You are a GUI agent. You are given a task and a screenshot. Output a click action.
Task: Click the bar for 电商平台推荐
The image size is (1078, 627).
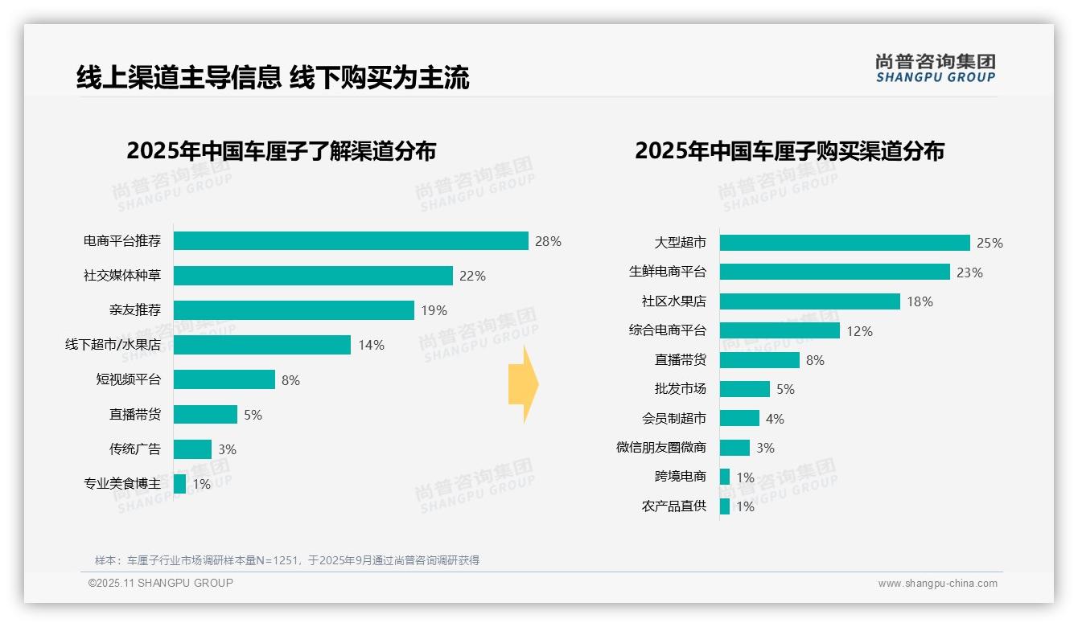click(x=351, y=241)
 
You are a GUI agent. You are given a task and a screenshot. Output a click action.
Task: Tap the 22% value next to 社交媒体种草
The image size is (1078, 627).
click(x=472, y=276)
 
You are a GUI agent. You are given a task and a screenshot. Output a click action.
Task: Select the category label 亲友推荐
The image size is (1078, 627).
click(x=135, y=310)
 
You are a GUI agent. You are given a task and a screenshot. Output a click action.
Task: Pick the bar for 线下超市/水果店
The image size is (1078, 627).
click(x=262, y=345)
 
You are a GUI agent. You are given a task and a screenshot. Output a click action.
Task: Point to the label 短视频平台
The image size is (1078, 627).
click(x=129, y=379)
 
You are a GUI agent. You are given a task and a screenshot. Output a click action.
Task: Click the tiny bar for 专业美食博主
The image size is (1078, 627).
click(x=179, y=484)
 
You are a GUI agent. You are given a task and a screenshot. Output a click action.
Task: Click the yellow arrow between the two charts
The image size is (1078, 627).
click(x=523, y=384)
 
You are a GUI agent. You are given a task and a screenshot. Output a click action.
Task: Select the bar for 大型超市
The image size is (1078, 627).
click(x=845, y=243)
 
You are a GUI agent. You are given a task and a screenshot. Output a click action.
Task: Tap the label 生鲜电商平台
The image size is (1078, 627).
click(x=668, y=272)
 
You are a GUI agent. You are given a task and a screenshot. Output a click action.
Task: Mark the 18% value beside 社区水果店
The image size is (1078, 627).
click(x=920, y=301)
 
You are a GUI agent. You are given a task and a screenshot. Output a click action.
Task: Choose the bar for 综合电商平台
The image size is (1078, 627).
click(x=780, y=330)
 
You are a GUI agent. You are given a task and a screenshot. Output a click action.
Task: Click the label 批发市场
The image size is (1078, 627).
click(x=681, y=389)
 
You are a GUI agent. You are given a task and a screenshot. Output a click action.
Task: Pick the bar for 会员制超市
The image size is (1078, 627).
click(x=739, y=418)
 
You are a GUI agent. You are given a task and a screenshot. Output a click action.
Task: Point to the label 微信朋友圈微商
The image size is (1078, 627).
click(x=661, y=447)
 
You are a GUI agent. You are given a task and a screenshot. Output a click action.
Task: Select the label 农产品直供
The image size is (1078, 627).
click(x=674, y=506)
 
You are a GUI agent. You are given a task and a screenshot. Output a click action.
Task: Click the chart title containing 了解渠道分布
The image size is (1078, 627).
click(x=281, y=151)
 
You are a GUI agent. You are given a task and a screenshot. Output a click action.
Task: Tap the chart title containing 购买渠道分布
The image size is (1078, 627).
click(x=789, y=151)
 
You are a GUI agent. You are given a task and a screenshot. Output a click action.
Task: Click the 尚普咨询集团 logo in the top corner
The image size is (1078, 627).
click(x=935, y=68)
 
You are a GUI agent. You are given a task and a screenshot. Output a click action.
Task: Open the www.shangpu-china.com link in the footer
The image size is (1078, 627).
click(x=937, y=584)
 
